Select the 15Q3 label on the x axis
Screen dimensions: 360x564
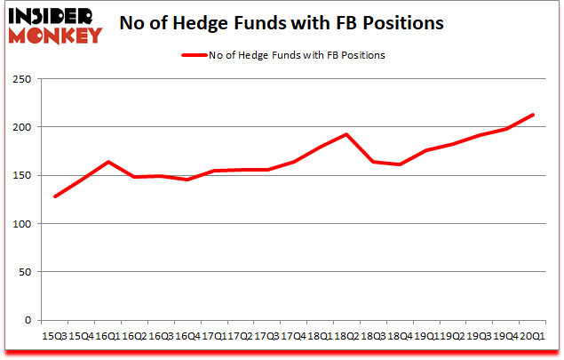[x=55, y=335]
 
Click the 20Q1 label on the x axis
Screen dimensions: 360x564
[x=532, y=335]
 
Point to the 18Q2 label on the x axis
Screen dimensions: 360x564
[x=346, y=335]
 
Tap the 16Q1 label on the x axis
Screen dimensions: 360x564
[x=108, y=335]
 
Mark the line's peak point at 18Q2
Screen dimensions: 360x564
[x=346, y=134]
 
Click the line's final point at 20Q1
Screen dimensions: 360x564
[x=532, y=114]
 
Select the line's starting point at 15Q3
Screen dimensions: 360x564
[x=55, y=196]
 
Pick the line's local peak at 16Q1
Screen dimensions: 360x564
[x=108, y=162]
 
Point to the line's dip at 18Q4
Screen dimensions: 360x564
[x=400, y=164]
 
